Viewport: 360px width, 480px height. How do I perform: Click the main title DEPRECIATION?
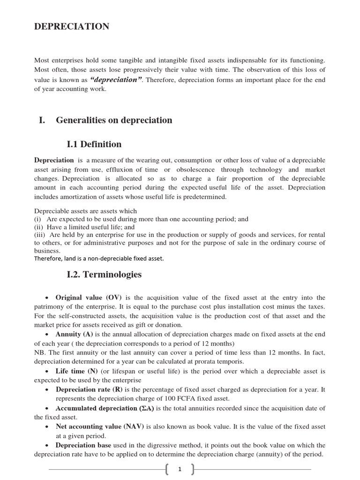[72, 27]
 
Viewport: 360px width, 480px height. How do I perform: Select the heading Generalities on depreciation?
[114, 120]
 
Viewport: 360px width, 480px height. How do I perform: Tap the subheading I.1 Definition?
[94, 144]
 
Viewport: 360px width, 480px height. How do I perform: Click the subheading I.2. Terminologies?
[104, 275]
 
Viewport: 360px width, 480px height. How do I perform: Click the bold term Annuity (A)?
[74, 334]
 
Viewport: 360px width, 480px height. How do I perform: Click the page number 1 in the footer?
[180, 469]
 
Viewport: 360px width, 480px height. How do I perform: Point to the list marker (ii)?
[39, 227]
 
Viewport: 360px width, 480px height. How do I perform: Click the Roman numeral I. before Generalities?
[42, 120]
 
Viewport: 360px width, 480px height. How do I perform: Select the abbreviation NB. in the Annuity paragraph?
[40, 352]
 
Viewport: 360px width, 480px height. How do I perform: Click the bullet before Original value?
[47, 298]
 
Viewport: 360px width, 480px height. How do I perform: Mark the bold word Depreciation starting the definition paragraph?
[54, 160]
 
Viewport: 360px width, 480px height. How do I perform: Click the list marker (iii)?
[40, 234]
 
